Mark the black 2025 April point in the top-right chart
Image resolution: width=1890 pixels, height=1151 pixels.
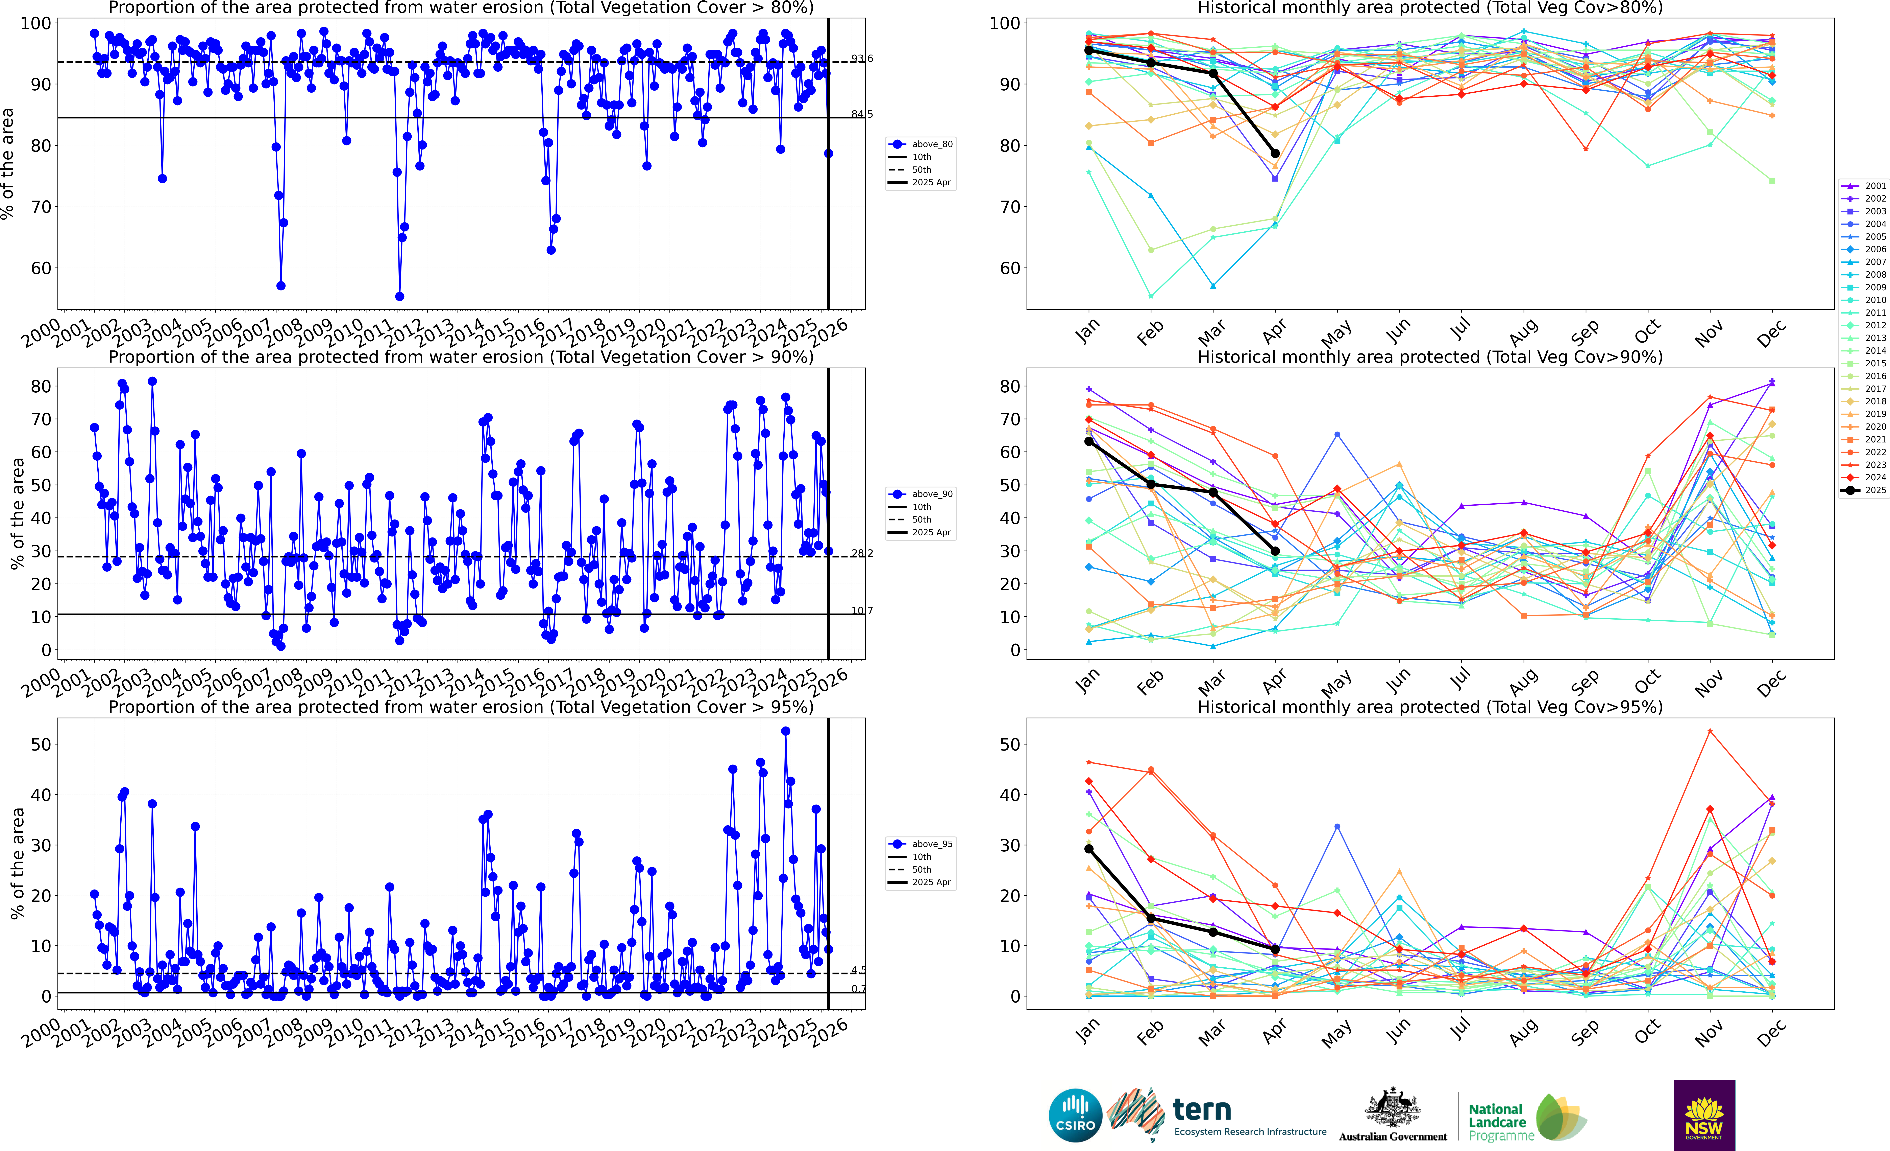coord(1275,154)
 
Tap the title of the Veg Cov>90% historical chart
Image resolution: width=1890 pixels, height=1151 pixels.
coord(1430,357)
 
